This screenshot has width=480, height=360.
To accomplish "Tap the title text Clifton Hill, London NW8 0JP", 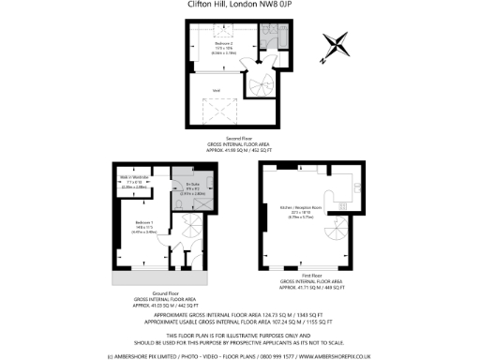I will [240, 6].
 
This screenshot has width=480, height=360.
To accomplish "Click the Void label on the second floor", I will [216, 91].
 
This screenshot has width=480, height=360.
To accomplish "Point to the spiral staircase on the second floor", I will [257, 87].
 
